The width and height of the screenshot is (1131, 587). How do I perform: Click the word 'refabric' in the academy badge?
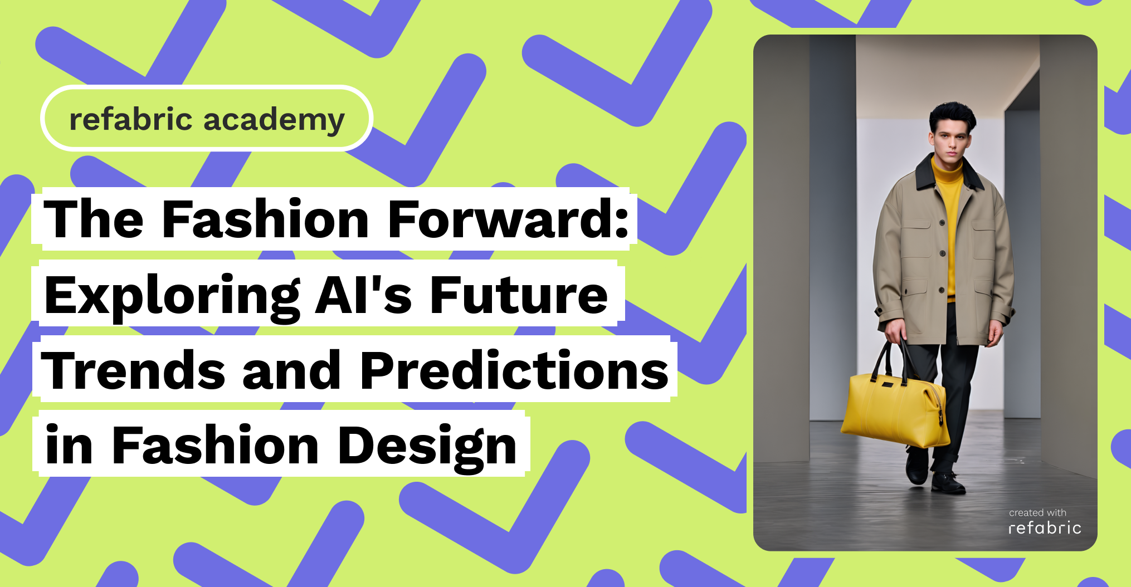(131, 119)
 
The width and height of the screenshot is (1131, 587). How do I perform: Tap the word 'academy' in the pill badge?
(274, 121)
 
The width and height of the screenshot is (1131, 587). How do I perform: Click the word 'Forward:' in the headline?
(508, 219)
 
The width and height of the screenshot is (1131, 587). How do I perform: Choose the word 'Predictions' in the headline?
(514, 370)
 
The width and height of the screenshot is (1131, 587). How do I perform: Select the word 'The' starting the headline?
(94, 219)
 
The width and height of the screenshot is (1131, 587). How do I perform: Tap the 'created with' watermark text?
(1037, 512)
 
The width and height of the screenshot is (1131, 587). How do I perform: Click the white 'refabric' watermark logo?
(1045, 527)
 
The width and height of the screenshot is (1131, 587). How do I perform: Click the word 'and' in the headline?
(292, 370)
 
